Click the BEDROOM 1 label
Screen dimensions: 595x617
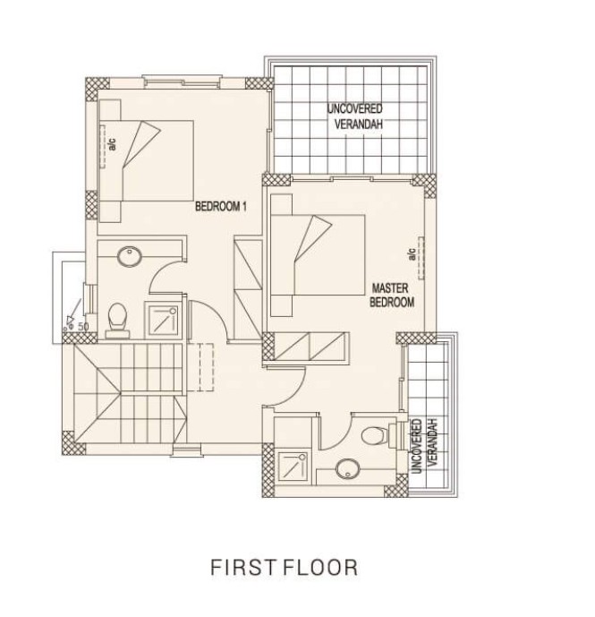pyautogui.click(x=221, y=207)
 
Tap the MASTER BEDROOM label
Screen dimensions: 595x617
pyautogui.click(x=392, y=296)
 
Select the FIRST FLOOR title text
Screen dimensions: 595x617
pyautogui.click(x=284, y=568)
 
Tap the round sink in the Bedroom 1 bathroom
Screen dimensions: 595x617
pyautogui.click(x=130, y=256)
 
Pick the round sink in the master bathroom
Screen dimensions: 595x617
pyautogui.click(x=348, y=469)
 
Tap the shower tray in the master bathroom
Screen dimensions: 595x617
pyautogui.click(x=293, y=467)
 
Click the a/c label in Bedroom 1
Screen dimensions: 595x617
pyautogui.click(x=113, y=144)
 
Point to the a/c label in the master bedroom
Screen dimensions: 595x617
pyautogui.click(x=412, y=254)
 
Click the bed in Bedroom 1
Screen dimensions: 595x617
pyautogui.click(x=157, y=160)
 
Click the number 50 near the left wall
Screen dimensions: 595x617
pyautogui.click(x=83, y=326)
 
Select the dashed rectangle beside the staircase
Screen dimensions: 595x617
pyautogui.click(x=207, y=367)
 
